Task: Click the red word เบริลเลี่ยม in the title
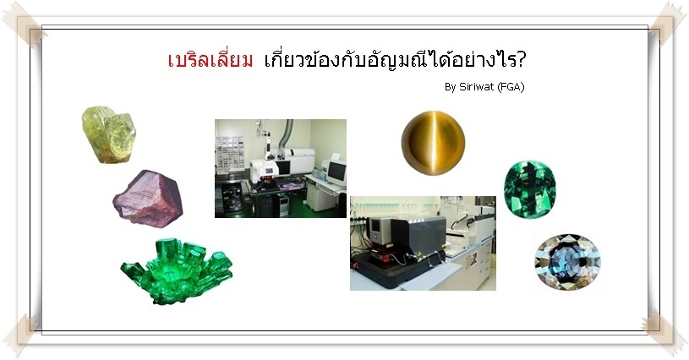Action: pyautogui.click(x=211, y=60)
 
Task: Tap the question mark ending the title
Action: pyautogui.click(x=521, y=60)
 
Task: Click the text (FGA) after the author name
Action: pyautogui.click(x=511, y=87)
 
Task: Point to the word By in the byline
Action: pyautogui.click(x=451, y=87)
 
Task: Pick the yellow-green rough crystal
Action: pyautogui.click(x=108, y=134)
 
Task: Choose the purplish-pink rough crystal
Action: pyautogui.click(x=148, y=199)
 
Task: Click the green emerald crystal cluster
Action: pyautogui.click(x=177, y=272)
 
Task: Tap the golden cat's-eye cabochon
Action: pyautogui.click(x=433, y=143)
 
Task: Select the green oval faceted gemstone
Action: pyautogui.click(x=529, y=189)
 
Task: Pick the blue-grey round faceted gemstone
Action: pyautogui.click(x=568, y=262)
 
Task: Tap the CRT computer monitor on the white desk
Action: pyautogui.click(x=337, y=173)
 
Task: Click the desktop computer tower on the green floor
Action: pyautogui.click(x=283, y=205)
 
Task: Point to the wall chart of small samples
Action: pyautogui.click(x=229, y=152)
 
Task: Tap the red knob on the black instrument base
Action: pyautogui.click(x=354, y=265)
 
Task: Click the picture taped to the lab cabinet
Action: pyautogui.click(x=473, y=259)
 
